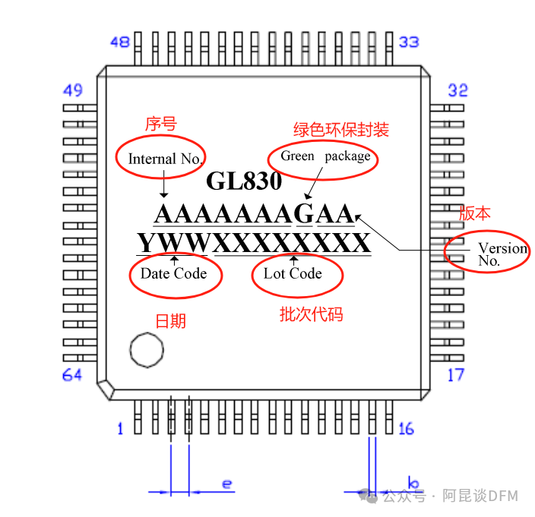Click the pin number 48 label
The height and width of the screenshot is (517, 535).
point(119,43)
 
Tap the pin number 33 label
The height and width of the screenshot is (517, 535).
point(409,42)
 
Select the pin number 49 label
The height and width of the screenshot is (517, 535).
point(72,91)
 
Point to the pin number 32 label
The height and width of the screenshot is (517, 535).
point(457,90)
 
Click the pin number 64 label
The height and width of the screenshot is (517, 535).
point(72,375)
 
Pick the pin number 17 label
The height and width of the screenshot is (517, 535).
point(455,374)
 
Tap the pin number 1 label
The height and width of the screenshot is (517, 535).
point(120,430)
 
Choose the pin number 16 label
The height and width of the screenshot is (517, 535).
point(406,429)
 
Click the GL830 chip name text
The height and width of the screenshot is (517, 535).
point(244,181)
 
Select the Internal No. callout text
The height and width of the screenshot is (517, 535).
point(165,159)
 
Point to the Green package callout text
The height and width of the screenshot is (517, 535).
point(325,156)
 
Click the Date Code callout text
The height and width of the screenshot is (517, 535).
point(174,273)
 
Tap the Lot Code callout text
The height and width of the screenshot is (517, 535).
point(293,273)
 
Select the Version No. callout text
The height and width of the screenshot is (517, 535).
point(501,254)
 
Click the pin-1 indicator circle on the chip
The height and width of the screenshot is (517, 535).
point(147,350)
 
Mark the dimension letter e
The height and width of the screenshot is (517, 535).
point(226,483)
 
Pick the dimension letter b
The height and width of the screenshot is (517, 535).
point(413,483)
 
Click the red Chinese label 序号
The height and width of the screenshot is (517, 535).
point(160,124)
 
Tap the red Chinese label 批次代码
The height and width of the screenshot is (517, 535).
point(311,314)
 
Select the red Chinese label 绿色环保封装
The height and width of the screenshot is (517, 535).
point(341,130)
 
